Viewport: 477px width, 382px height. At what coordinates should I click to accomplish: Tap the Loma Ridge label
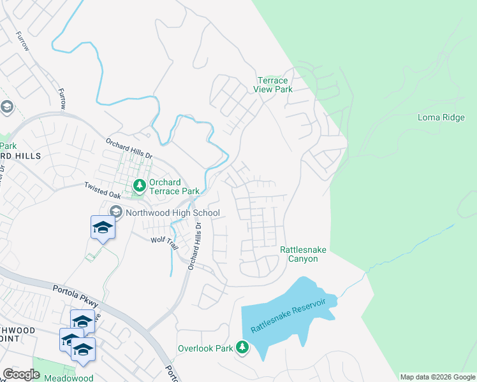[x=441, y=117]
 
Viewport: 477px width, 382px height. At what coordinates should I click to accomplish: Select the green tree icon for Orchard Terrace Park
[x=139, y=186]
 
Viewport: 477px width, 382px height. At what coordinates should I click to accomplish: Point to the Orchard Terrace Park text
[x=174, y=187]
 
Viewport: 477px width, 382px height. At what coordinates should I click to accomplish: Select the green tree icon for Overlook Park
[x=242, y=348]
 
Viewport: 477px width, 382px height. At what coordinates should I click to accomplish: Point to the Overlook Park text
[x=205, y=348]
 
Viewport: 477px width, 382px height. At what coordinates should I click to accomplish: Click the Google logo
[x=21, y=374]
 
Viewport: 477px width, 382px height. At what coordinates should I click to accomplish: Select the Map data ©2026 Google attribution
[x=437, y=377]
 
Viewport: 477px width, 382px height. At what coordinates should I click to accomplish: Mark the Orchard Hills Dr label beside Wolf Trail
[x=194, y=246]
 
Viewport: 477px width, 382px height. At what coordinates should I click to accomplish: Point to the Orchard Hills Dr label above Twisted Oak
[x=129, y=150]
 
